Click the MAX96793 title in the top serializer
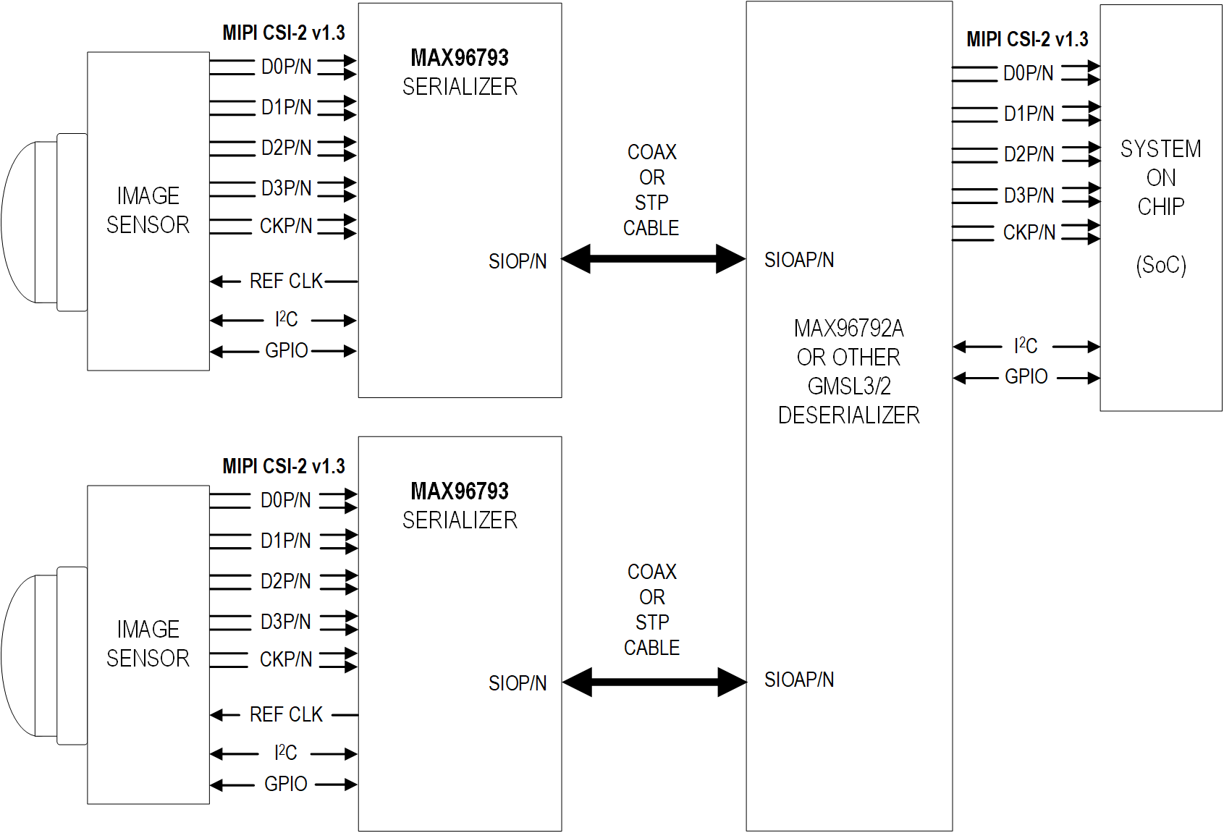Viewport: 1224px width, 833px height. (x=460, y=58)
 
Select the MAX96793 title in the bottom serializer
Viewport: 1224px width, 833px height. (x=460, y=491)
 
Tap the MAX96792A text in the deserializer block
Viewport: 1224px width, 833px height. (x=848, y=329)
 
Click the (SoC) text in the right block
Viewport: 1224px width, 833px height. (x=1161, y=265)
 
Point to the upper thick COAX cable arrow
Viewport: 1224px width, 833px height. (x=653, y=258)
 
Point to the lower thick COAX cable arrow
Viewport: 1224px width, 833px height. (x=654, y=682)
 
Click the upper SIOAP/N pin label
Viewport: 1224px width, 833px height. (x=799, y=260)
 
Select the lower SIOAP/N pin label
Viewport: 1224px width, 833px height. (x=799, y=680)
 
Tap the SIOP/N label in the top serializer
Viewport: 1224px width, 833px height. (x=518, y=261)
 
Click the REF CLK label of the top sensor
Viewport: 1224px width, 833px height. (x=286, y=281)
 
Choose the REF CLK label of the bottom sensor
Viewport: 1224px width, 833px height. (x=286, y=715)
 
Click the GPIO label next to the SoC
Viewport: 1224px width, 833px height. (x=1026, y=377)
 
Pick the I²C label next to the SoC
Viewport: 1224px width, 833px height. (x=1026, y=346)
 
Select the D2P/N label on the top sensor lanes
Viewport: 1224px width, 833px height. (x=287, y=148)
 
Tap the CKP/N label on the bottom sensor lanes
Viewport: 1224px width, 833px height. (x=286, y=659)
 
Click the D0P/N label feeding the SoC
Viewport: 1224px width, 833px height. (x=1028, y=73)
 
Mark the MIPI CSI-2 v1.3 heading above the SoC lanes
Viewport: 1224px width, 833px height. (x=1027, y=40)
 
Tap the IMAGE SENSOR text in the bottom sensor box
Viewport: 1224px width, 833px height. (x=148, y=643)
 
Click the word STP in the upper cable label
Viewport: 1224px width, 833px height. (x=651, y=203)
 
